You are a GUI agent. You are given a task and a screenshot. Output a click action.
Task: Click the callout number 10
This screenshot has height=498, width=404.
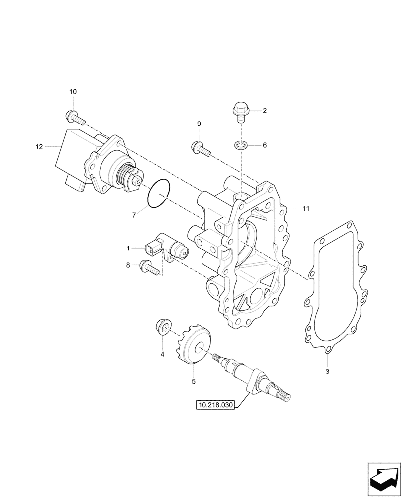[x=73, y=92]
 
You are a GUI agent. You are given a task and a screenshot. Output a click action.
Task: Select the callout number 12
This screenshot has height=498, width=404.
[x=39, y=147]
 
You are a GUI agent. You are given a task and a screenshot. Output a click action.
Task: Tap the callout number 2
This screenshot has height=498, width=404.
[x=265, y=111]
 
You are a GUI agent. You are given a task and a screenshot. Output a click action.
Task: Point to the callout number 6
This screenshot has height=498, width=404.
[x=265, y=145]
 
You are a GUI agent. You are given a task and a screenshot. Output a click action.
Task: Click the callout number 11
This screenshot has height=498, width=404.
[x=305, y=209]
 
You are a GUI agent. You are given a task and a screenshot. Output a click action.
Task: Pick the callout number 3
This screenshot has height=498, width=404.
[x=327, y=372]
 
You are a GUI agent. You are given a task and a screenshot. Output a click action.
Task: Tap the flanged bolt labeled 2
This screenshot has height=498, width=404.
[x=241, y=111]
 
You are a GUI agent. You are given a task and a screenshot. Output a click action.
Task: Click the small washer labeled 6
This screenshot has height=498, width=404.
[x=241, y=146]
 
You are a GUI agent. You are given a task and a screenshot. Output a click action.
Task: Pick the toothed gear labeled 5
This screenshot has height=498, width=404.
[x=192, y=345]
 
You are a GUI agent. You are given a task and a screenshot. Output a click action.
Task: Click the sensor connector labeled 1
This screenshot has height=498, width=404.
[x=166, y=247]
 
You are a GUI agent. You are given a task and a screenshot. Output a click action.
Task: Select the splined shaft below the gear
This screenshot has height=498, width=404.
[x=255, y=378]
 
